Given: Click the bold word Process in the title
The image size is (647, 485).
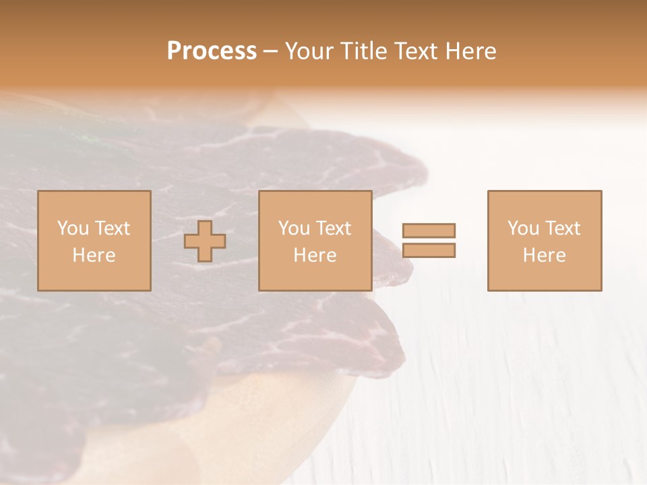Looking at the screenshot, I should click(212, 51).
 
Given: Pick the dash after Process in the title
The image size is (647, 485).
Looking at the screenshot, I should click(271, 52).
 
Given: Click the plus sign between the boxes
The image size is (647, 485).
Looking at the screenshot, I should click(206, 241).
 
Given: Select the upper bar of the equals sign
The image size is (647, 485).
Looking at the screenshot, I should click(429, 230).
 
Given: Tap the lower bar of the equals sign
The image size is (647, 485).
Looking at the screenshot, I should click(429, 251).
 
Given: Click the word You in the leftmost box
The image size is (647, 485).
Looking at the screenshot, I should click(73, 228).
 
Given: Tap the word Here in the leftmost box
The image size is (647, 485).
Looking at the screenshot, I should click(94, 255).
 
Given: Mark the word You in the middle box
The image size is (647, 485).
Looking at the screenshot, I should click(294, 228).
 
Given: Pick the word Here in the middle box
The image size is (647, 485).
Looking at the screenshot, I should click(315, 255).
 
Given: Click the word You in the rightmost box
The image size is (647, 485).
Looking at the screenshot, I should click(523, 228).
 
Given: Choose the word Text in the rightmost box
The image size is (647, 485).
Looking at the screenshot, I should click(562, 228).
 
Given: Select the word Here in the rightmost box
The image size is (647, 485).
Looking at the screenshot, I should click(545, 255).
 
